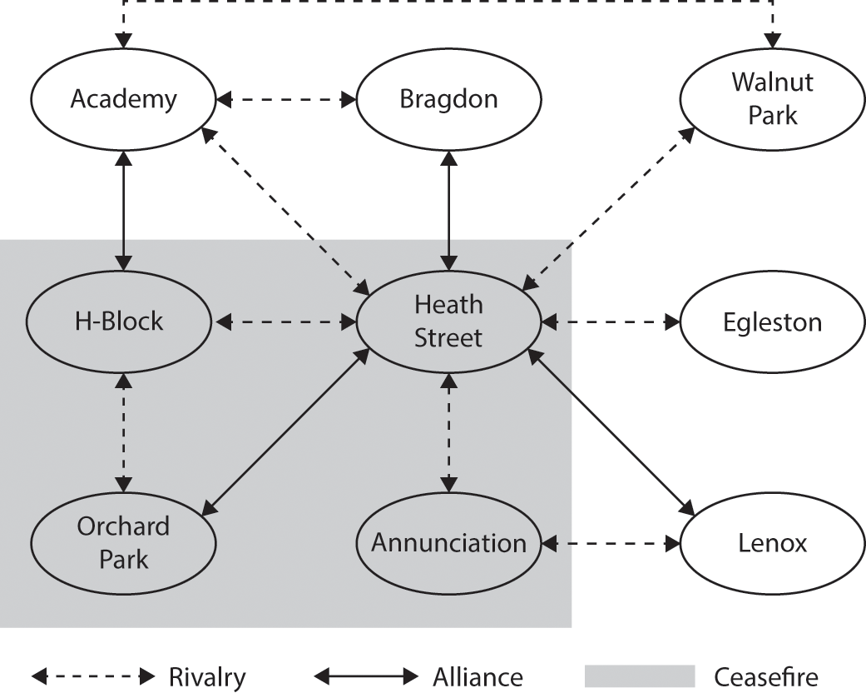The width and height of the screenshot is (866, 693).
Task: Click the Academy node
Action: (x=123, y=100)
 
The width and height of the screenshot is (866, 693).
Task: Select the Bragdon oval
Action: (x=448, y=100)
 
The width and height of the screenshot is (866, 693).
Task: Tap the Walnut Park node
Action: (x=773, y=99)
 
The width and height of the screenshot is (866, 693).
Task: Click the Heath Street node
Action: (x=448, y=321)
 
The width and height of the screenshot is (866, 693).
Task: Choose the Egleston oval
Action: (x=773, y=322)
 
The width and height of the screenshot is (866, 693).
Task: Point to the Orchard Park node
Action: (x=123, y=542)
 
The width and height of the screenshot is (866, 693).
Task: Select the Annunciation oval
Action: (x=448, y=543)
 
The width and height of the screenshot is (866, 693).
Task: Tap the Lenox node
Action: (x=773, y=543)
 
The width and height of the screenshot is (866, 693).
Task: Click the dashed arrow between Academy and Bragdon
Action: (x=285, y=100)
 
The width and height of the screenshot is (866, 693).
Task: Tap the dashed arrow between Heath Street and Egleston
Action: (x=611, y=322)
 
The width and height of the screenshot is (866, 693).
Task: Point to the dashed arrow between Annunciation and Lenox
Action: (x=611, y=544)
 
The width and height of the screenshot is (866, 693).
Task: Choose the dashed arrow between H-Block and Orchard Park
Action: (x=123, y=431)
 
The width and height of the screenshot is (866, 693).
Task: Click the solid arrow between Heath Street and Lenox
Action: (x=611, y=431)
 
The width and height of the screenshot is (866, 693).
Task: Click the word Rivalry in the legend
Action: (x=207, y=676)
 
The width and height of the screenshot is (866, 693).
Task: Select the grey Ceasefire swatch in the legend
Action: (x=639, y=676)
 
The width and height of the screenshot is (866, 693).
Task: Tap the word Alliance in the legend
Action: (x=478, y=676)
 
